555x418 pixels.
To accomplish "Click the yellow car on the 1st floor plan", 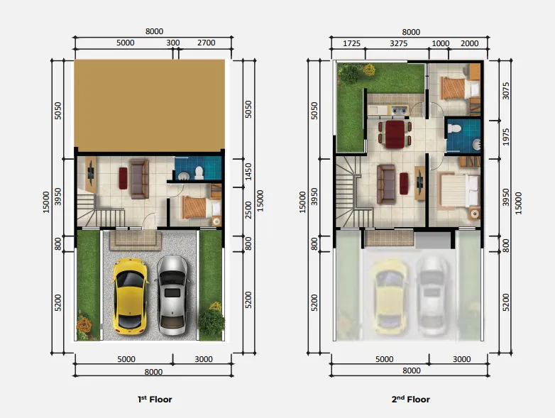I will click(x=130, y=296).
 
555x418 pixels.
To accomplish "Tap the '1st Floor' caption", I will click(x=154, y=400).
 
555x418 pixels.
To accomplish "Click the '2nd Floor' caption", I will click(x=410, y=400).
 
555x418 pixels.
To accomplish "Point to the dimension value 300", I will click(x=172, y=43).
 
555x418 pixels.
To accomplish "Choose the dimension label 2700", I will click(x=205, y=43).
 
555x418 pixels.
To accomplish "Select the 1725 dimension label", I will click(x=351, y=43).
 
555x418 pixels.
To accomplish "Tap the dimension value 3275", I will click(x=398, y=43).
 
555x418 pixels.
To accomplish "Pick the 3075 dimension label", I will click(x=505, y=90).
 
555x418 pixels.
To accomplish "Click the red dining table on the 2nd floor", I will click(x=393, y=133).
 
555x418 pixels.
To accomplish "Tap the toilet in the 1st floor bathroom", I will click(x=199, y=171).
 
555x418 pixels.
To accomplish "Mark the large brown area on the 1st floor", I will click(x=150, y=105).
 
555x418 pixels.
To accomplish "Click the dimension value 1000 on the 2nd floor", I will click(x=440, y=43).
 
